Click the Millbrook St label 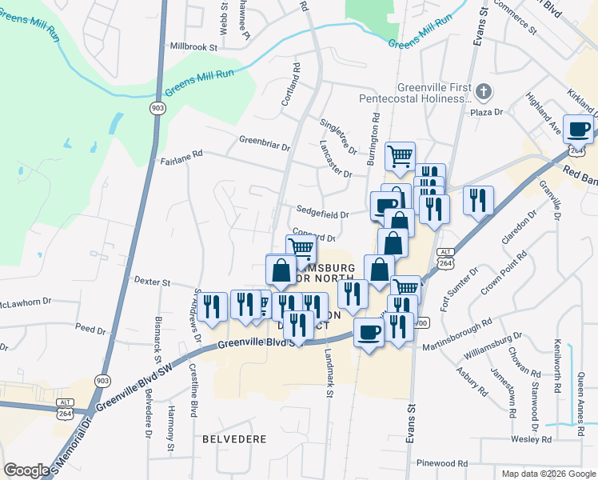pyautogui.click(x=189, y=47)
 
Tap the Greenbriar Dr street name pyautogui.click(x=264, y=143)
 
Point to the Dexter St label pyautogui.click(x=153, y=282)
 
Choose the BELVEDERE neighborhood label pyautogui.click(x=233, y=439)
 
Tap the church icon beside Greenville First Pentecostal pyautogui.click(x=483, y=93)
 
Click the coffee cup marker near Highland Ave pyautogui.click(x=578, y=130)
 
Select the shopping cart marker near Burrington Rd pyautogui.click(x=400, y=155)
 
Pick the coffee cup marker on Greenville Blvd pyautogui.click(x=369, y=331)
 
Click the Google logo pyautogui.click(x=27, y=470)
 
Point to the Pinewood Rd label pyautogui.click(x=442, y=463)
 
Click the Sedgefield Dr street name pyautogui.click(x=323, y=214)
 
